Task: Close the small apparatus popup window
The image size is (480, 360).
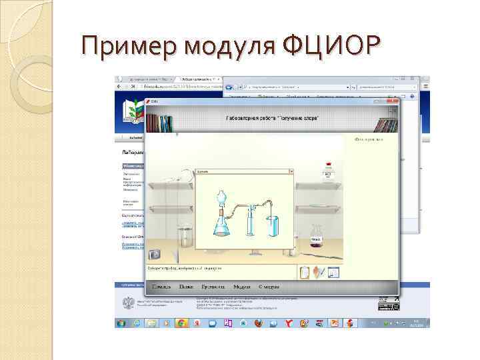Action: point(291,171)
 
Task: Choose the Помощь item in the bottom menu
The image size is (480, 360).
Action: point(161,287)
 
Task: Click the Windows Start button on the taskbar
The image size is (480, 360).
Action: point(121,323)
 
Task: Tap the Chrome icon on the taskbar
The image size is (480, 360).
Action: point(181,323)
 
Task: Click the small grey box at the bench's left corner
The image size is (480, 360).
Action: point(155,254)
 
